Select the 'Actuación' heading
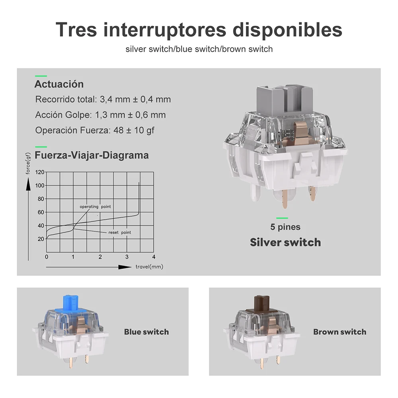click(x=59, y=84)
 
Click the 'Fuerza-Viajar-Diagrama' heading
click(x=92, y=155)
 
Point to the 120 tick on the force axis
click(x=39, y=172)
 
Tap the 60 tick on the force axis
click(x=41, y=212)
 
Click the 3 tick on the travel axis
click(x=127, y=257)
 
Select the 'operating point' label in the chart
click(x=95, y=207)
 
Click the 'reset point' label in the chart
click(x=119, y=232)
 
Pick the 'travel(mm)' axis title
click(x=149, y=267)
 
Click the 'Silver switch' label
click(x=285, y=242)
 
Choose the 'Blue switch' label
click(x=146, y=332)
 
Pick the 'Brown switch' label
click(x=339, y=332)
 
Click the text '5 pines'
click(x=285, y=227)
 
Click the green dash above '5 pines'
click(x=282, y=218)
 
